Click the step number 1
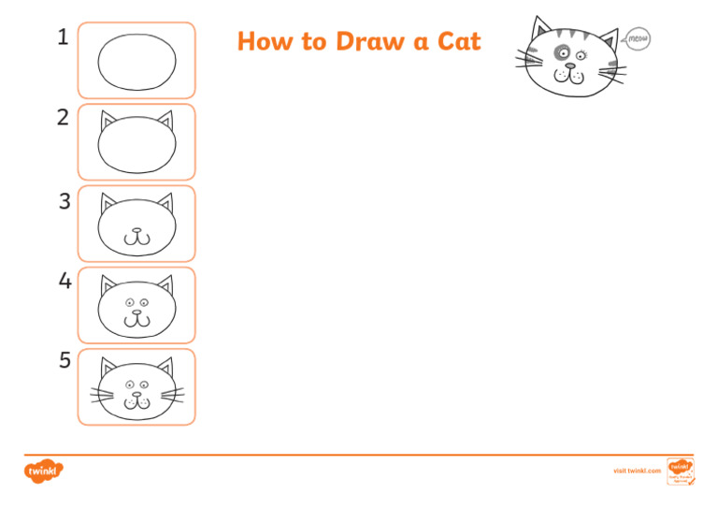point(63,38)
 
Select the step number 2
point(63,118)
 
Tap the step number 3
point(64,201)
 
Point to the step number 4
point(64,281)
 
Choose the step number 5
point(64,361)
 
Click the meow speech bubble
point(636,39)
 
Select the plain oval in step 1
point(136,62)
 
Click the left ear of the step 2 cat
point(108,121)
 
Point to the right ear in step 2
point(165,121)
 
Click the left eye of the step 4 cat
point(130,302)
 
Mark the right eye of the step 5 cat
point(144,384)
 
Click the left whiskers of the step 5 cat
point(102,394)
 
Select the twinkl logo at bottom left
point(43,471)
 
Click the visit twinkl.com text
point(636,471)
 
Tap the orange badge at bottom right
point(679,471)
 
